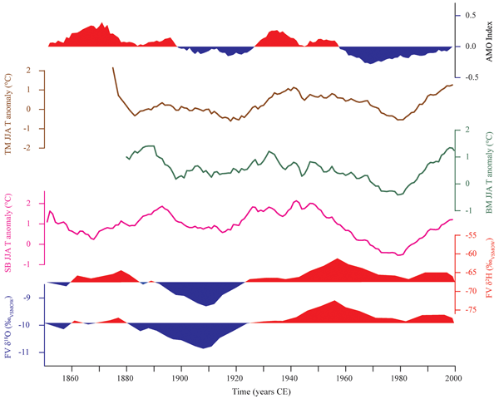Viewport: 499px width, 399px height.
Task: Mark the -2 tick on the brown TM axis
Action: pos(31,147)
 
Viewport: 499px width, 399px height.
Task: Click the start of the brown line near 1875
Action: pos(112,68)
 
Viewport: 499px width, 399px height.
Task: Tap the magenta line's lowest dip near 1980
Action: pos(399,254)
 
